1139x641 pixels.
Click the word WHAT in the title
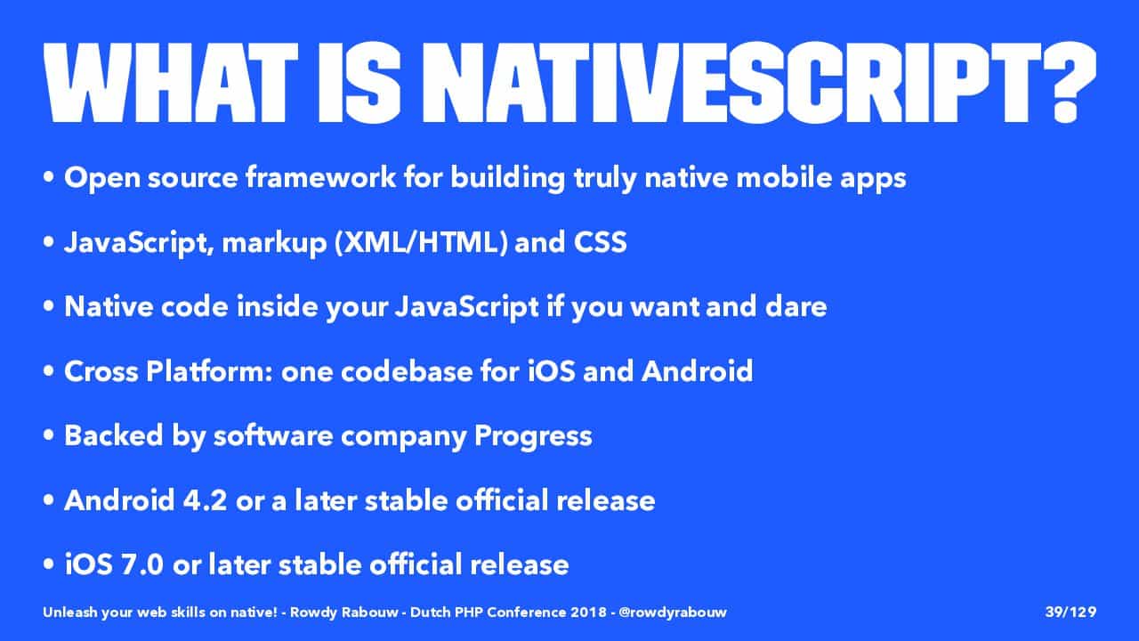(x=171, y=83)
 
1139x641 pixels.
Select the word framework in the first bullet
(x=321, y=177)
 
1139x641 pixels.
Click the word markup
(x=275, y=244)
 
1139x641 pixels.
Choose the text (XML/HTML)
(x=422, y=242)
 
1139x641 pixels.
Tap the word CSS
(x=601, y=242)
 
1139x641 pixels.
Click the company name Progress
(x=533, y=437)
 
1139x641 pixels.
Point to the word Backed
(x=113, y=435)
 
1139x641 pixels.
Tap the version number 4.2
(x=205, y=500)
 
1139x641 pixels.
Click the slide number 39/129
(x=1070, y=612)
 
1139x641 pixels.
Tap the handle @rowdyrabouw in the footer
(x=673, y=613)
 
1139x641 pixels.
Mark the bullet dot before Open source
(x=49, y=178)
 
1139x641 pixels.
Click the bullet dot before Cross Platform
(x=49, y=372)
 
